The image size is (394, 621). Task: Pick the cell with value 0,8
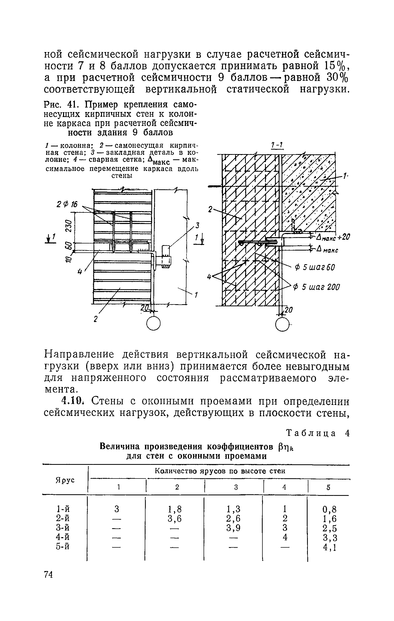click(329, 509)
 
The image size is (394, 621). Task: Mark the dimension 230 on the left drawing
click(68, 226)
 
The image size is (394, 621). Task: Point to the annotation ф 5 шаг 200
click(317, 287)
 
